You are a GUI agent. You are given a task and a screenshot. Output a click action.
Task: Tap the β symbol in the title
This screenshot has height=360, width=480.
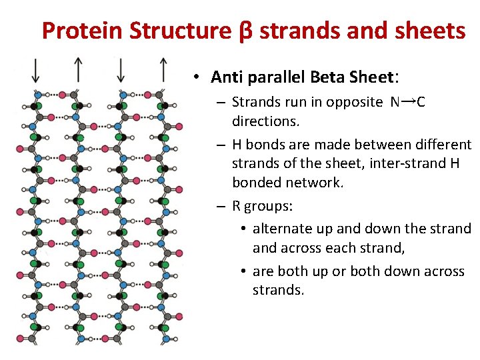(244, 31)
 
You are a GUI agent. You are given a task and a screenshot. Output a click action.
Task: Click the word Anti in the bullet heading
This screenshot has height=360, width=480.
(225, 77)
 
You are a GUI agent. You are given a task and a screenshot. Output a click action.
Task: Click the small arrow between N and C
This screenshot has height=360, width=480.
(409, 101)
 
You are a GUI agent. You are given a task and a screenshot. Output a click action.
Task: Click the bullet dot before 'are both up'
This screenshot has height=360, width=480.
(244, 271)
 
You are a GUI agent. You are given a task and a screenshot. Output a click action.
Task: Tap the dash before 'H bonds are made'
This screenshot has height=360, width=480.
(221, 145)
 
